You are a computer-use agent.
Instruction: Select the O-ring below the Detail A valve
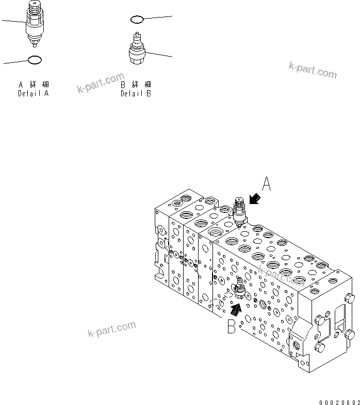[x=35, y=60]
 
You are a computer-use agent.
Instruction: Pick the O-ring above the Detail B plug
[x=137, y=20]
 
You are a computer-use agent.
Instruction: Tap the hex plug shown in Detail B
[x=138, y=52]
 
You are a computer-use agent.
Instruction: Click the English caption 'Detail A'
[x=34, y=94]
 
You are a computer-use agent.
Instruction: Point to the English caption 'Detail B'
[x=136, y=94]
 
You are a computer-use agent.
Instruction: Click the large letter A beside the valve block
[x=266, y=184]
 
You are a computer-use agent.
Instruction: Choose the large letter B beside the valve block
[x=232, y=326]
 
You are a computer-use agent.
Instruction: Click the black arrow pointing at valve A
[x=254, y=199]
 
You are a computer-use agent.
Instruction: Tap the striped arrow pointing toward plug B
[x=236, y=309]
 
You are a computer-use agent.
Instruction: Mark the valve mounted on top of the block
[x=239, y=210]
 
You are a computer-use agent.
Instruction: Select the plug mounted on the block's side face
[x=239, y=291]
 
